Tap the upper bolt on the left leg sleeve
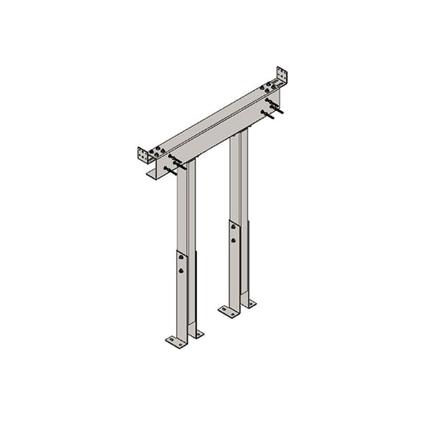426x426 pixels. click(x=182, y=257)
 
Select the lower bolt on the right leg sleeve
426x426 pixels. click(x=235, y=240)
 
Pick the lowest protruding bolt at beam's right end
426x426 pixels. click(x=275, y=115)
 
